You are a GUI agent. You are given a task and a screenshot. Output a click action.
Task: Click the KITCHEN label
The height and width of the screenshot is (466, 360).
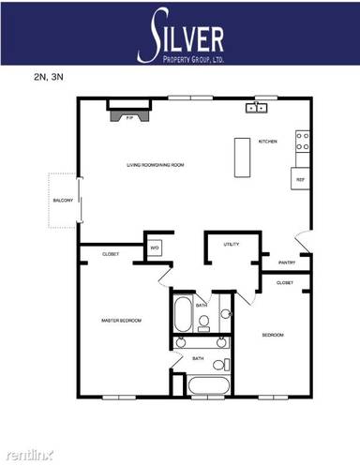click(268, 142)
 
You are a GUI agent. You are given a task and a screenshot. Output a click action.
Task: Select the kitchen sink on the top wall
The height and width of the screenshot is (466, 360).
click(255, 109)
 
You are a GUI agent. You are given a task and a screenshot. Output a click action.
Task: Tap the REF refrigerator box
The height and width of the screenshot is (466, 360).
click(301, 178)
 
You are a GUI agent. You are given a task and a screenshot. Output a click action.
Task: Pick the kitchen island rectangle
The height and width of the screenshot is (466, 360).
click(240, 155)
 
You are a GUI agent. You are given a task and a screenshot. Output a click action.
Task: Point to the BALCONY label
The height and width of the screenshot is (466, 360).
click(63, 201)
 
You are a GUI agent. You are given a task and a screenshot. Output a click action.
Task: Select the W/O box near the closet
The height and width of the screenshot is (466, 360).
click(155, 248)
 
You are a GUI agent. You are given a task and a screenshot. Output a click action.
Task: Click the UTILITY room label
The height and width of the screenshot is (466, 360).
click(232, 244)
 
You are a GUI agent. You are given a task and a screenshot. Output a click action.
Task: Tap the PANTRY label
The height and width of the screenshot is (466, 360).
click(287, 263)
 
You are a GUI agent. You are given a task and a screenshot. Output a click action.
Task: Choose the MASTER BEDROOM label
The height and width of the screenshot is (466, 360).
click(121, 321)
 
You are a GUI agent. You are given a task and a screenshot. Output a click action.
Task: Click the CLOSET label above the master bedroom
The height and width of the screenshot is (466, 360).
click(110, 254)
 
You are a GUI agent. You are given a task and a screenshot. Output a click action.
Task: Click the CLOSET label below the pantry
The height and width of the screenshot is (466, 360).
click(285, 282)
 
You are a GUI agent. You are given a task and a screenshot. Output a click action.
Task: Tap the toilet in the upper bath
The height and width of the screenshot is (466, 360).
click(203, 323)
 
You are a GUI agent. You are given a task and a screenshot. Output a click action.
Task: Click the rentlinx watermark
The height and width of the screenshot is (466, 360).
click(27, 455)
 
